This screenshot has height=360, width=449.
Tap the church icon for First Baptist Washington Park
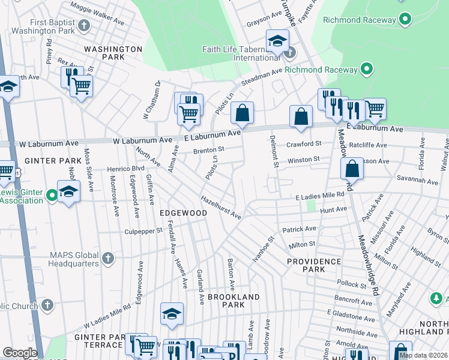85,25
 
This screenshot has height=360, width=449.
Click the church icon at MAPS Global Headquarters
107,258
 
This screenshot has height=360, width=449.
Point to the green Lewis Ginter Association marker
52,194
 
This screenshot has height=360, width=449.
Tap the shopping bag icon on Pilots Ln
242,112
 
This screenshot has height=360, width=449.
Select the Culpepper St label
143,230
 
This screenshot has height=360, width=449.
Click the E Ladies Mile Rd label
319,195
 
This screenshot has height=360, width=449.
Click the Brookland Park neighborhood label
234,301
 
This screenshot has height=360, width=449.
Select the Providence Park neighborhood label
313,265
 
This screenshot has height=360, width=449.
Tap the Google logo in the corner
20,353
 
